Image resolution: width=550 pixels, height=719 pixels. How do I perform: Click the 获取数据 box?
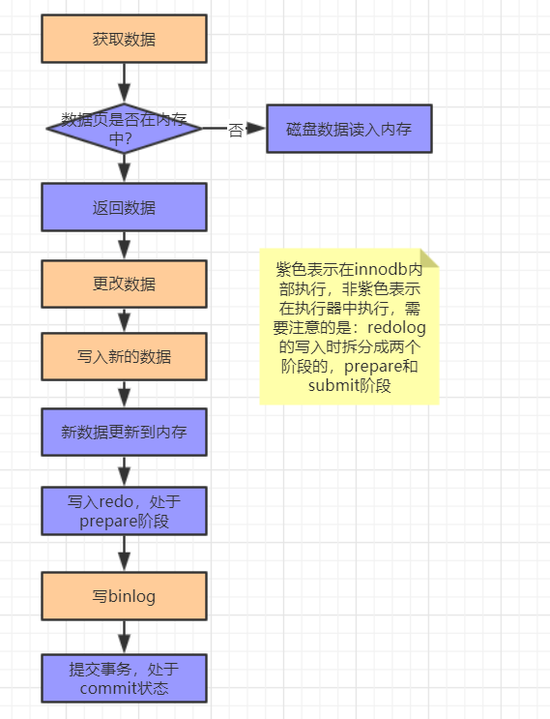124,39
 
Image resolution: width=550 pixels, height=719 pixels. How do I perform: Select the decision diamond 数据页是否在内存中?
124,128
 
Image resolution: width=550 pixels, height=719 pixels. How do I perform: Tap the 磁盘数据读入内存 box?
349,129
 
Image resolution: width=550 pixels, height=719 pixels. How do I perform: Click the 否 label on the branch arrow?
235,130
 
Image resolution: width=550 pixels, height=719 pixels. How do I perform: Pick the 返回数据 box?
124,207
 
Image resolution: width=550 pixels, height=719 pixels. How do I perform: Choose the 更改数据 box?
124,284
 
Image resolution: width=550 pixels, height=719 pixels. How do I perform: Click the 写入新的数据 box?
124,356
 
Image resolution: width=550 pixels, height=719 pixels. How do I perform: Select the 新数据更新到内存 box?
124,432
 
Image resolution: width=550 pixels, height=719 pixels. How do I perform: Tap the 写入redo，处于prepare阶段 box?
124,510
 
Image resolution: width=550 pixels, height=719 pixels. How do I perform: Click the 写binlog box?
124,596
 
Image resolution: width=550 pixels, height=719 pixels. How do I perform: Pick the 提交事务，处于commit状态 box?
124,677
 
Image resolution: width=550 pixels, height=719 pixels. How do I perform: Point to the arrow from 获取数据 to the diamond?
124,82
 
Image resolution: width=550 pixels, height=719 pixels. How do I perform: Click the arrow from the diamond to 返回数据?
124,168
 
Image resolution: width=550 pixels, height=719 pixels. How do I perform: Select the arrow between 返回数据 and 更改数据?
124,246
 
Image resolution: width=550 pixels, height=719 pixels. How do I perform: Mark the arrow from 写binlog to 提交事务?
124,637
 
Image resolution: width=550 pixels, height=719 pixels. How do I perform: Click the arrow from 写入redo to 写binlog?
124,553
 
